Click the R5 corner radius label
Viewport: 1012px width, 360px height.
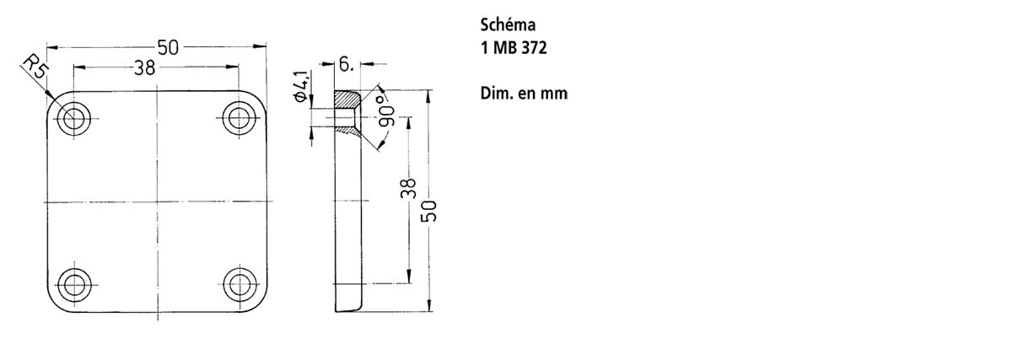click(x=35, y=67)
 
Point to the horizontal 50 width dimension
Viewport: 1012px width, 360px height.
click(x=168, y=47)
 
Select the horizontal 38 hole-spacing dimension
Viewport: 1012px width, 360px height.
click(x=144, y=67)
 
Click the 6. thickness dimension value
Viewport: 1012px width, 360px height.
click(x=346, y=65)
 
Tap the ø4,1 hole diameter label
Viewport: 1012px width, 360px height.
click(x=302, y=86)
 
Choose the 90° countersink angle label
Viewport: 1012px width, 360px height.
click(x=385, y=110)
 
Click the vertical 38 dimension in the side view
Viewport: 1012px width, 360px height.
click(x=408, y=188)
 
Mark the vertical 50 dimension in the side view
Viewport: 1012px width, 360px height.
click(x=429, y=211)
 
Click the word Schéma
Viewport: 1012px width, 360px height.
click(x=508, y=24)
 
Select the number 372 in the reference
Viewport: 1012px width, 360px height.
click(x=534, y=48)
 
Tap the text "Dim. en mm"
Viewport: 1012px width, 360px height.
click(x=524, y=94)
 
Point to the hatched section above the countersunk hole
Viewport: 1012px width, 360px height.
click(x=347, y=99)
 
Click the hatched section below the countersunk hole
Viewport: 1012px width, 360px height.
click(x=347, y=131)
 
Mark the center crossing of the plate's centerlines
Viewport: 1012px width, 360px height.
click(x=157, y=201)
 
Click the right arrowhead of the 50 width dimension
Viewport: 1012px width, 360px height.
click(x=260, y=46)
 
